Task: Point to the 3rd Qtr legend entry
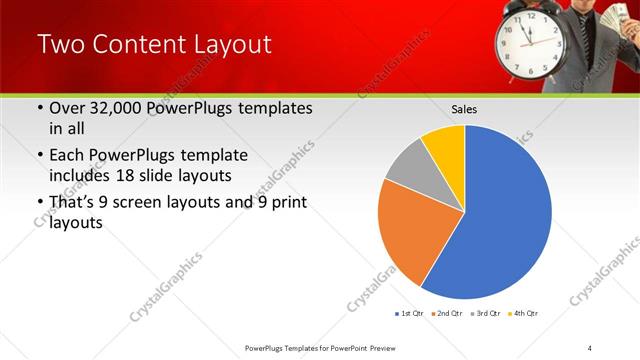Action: (x=486, y=314)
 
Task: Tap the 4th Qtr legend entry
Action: (x=524, y=314)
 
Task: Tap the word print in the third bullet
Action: (x=284, y=204)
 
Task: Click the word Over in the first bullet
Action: (x=68, y=109)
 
